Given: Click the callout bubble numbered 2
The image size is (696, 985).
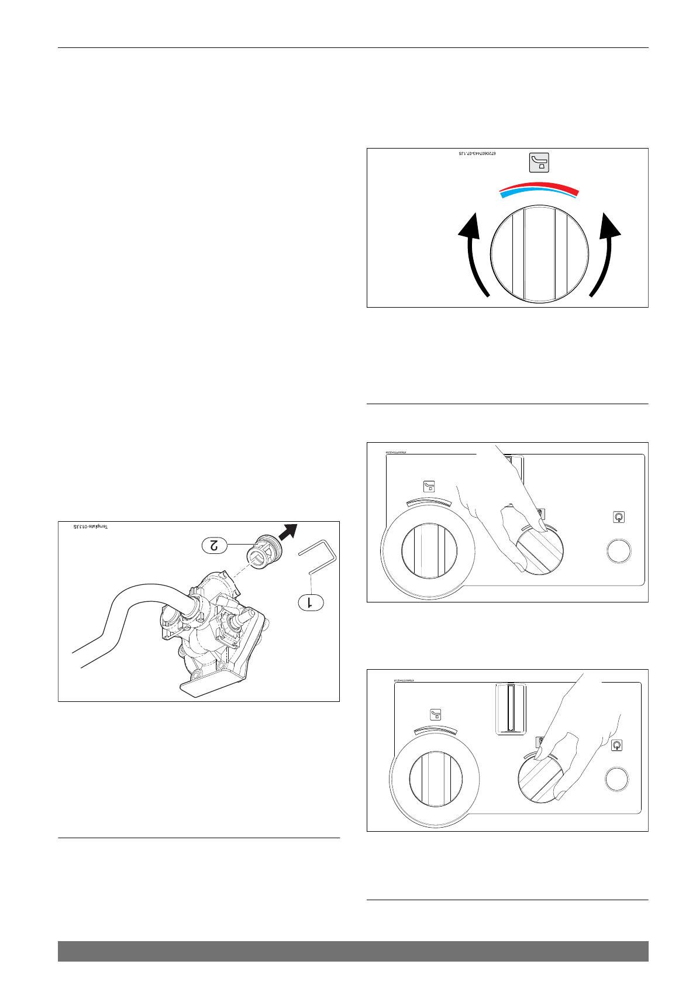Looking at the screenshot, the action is pyautogui.click(x=215, y=545).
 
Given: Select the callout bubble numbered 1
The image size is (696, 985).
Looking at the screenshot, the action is pyautogui.click(x=311, y=601).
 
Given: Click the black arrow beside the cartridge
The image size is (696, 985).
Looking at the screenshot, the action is pyautogui.click(x=288, y=532).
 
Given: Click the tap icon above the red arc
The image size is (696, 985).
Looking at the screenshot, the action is pyautogui.click(x=539, y=162).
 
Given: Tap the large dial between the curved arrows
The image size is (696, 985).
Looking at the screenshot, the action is pyautogui.click(x=539, y=254).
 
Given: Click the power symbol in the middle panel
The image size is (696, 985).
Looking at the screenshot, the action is pyautogui.click(x=618, y=517).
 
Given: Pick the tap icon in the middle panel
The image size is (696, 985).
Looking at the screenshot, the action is pyautogui.click(x=429, y=486).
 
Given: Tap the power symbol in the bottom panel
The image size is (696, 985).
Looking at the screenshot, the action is pyautogui.click(x=616, y=745).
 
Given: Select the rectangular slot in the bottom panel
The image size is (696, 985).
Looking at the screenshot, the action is pyautogui.click(x=511, y=708).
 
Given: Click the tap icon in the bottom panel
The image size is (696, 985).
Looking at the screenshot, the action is pyautogui.click(x=435, y=714).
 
